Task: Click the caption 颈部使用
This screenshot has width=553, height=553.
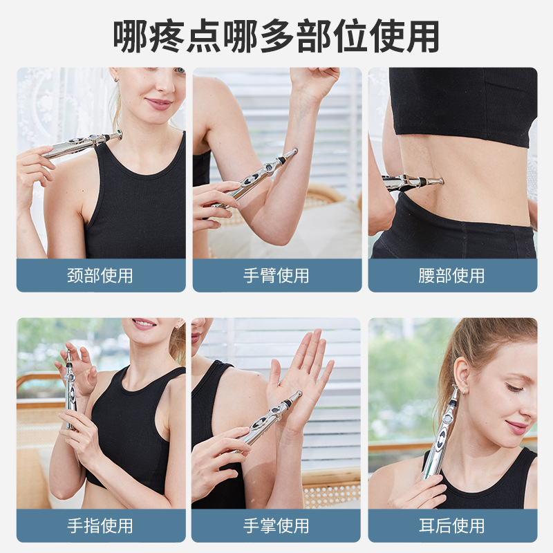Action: pyautogui.click(x=101, y=276)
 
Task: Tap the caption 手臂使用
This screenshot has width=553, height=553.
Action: pyautogui.click(x=276, y=276)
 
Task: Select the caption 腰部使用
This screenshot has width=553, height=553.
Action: pyautogui.click(x=452, y=276)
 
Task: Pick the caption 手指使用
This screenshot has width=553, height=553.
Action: pyautogui.click(x=101, y=526)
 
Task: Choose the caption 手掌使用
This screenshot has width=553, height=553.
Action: pyautogui.click(x=276, y=526)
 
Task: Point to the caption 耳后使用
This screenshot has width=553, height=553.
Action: pyautogui.click(x=452, y=526)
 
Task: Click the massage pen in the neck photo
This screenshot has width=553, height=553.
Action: pyautogui.click(x=79, y=145)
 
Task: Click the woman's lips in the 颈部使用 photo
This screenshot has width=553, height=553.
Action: pyautogui.click(x=158, y=104)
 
